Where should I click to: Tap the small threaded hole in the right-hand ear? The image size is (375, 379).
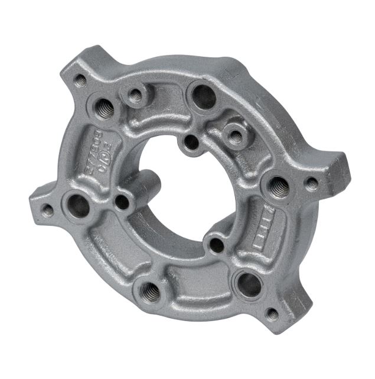coord(312,184)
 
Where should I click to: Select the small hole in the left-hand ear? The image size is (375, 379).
coord(47,210)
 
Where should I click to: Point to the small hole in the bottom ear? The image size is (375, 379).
coord(272,314)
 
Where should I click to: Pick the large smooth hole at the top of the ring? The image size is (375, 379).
coord(204,96)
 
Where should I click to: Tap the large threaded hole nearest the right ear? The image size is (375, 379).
coord(278,187)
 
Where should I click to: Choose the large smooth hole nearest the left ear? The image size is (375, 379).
coord(79,205)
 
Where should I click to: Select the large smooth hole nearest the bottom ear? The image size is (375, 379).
coord(249,284)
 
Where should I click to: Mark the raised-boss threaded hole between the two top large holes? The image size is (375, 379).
coord(136,95)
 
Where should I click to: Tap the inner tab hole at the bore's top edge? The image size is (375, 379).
coord(191,142)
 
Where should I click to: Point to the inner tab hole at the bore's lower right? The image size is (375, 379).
coord(217,244)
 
